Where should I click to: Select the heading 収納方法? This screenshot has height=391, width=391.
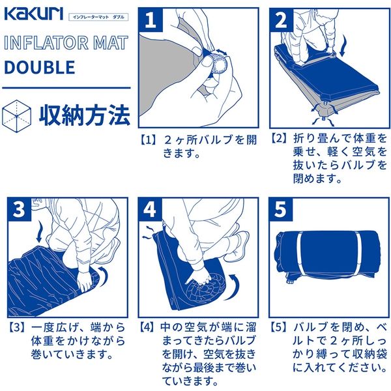84,114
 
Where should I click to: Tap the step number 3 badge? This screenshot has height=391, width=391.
20,209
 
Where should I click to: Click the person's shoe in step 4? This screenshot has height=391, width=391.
238,246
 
